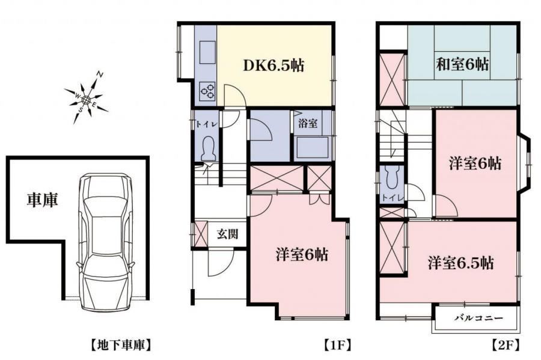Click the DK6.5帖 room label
pos(274,65)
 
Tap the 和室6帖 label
pos(462,64)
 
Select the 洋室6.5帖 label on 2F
pos(461,263)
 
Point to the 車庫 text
pos(43,200)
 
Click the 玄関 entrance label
pos(227,234)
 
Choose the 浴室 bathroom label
pos(307,123)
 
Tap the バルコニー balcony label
pos(478,318)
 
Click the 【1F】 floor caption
pos(337,345)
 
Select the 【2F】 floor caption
pos(506,345)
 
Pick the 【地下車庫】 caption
pos(121,345)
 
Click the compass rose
pos(86,99)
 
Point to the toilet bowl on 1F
pos(209,149)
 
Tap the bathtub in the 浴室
pos(313,148)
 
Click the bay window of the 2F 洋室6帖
pos(524,163)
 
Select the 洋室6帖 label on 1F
pos(302,255)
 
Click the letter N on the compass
pos(100,74)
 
